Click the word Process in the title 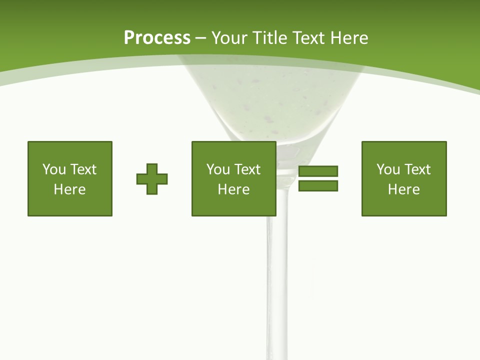(x=157, y=37)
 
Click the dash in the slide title (x=200, y=38)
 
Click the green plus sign (x=152, y=178)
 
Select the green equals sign (x=318, y=178)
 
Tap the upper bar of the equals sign (x=318, y=171)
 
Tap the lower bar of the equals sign (x=318, y=186)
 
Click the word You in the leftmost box (x=54, y=169)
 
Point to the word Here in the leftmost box (x=70, y=189)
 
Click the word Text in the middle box (x=247, y=169)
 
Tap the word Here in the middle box (x=234, y=189)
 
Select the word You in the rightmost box (x=388, y=169)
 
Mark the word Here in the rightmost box (x=404, y=189)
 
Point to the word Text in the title (x=308, y=37)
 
